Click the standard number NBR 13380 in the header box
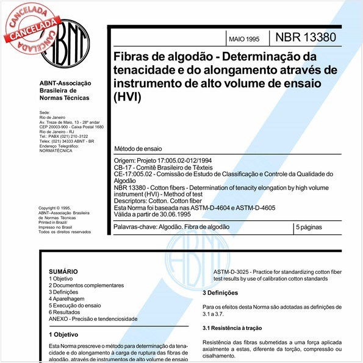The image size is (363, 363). (305, 38)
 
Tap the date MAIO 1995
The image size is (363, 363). (243, 39)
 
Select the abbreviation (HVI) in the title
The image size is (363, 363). (127, 96)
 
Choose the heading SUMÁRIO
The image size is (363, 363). (63, 270)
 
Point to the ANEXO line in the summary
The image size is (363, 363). (93, 318)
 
